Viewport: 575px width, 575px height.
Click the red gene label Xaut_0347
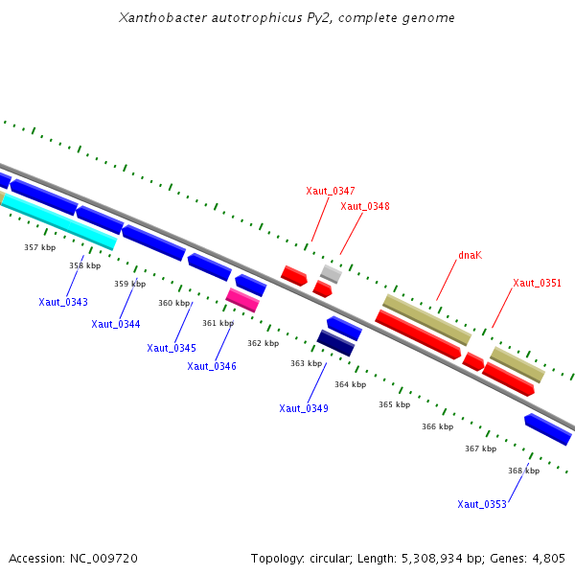(331, 191)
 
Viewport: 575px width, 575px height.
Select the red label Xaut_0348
(365, 206)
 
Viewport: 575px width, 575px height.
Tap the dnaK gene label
(470, 255)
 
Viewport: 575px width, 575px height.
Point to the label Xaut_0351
(537, 283)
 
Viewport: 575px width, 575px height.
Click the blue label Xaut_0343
(63, 302)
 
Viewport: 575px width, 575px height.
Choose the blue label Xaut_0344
(116, 324)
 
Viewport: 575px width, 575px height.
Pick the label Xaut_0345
(172, 348)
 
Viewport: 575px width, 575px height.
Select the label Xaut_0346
(212, 366)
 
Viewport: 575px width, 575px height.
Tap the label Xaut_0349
(304, 408)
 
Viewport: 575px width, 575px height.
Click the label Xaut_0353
(482, 504)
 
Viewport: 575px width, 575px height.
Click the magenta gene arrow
(242, 300)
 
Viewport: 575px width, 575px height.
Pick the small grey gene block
(331, 274)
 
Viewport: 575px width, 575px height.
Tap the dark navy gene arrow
(335, 342)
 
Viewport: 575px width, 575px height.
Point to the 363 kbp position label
(307, 363)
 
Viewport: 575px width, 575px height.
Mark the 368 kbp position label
(523, 471)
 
